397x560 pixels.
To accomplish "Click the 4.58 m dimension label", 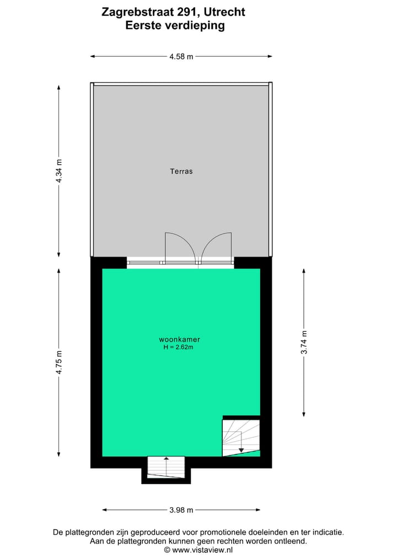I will tap(181, 56).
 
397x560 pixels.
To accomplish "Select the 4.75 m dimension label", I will tap(59, 362).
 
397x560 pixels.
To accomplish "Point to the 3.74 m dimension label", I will tap(304, 342).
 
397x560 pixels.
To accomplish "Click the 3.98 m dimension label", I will tap(181, 510).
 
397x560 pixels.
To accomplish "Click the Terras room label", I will tap(181, 171).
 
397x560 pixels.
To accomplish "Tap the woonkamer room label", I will tap(175, 339).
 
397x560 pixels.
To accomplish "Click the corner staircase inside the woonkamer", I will tap(240, 437).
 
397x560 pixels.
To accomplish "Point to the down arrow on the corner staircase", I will tap(241, 450).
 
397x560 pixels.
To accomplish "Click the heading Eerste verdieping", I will tap(175, 25).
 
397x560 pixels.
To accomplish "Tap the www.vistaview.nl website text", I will tap(202, 550).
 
